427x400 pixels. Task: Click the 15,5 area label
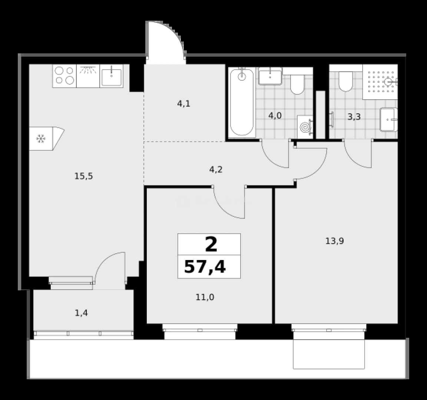pos(84,176)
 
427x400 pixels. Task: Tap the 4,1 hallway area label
pos(184,104)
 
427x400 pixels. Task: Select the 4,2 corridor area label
pos(216,170)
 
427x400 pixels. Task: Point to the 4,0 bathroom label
pos(275,116)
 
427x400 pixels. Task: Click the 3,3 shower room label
pos(354,117)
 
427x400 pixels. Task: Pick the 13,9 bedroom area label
pos(335,241)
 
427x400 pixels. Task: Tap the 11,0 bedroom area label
pos(205,297)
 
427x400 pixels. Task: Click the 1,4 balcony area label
pos(81,313)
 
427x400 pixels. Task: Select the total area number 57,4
pos(205,267)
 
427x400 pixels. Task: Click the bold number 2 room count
pos(211,244)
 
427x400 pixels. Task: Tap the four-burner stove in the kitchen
pos(64,76)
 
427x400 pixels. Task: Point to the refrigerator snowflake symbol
pos(41,139)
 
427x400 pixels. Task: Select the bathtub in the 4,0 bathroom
pos(242,102)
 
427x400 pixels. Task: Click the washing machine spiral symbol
pos(305,127)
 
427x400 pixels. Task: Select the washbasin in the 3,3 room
pos(389,120)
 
